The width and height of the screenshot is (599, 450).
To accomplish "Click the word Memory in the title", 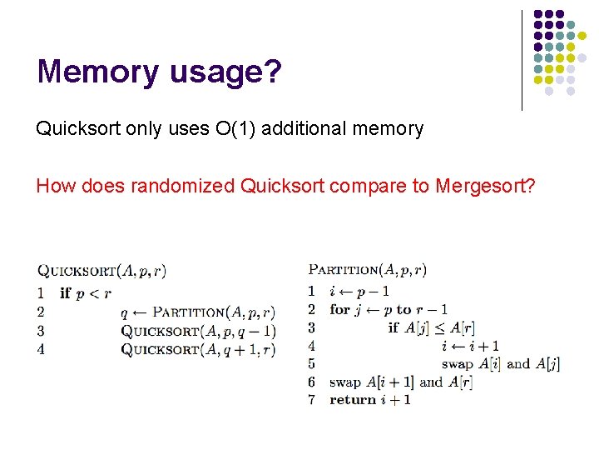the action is click(97, 72).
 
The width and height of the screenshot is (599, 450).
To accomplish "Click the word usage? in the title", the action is click(225, 73).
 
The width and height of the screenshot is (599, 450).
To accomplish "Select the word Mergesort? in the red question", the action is click(484, 186).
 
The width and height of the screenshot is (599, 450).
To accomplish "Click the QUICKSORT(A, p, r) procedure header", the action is click(101, 270).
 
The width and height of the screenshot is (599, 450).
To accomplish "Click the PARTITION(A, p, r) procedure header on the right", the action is click(368, 269).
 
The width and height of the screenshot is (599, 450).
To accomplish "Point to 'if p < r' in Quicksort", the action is click(86, 293).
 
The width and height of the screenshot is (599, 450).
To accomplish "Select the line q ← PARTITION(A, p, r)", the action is click(197, 312).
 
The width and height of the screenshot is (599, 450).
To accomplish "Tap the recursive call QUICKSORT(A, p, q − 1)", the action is click(198, 331).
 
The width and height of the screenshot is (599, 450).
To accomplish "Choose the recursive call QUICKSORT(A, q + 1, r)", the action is click(198, 349).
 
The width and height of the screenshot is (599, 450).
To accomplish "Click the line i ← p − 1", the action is click(359, 291).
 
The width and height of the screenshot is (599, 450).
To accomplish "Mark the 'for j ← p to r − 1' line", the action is click(389, 309).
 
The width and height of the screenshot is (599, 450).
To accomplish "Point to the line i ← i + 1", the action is click(471, 346).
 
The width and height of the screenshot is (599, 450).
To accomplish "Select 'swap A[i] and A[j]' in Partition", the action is click(501, 364).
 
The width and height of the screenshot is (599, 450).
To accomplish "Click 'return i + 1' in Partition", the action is click(370, 400).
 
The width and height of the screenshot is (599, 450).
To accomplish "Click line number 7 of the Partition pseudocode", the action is click(311, 400).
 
